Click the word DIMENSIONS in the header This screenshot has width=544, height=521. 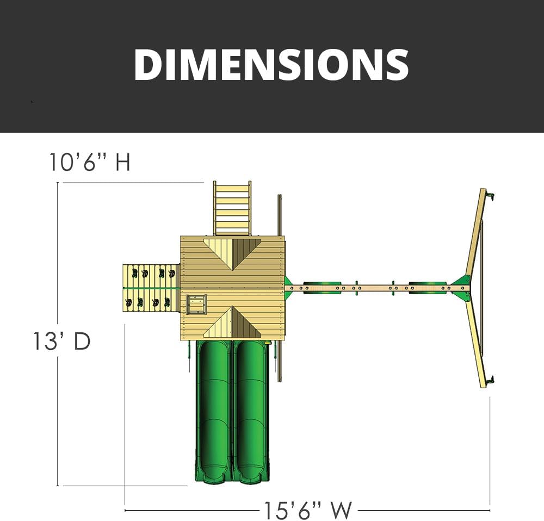pyautogui.click(x=271, y=65)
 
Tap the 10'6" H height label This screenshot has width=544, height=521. pyautogui.click(x=90, y=162)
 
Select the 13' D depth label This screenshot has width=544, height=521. pyautogui.click(x=62, y=341)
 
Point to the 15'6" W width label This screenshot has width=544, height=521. pyautogui.click(x=308, y=510)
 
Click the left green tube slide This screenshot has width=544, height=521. pyautogui.click(x=213, y=412)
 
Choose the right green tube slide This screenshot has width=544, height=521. pyautogui.click(x=251, y=412)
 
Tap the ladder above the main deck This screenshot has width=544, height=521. pyautogui.click(x=232, y=208)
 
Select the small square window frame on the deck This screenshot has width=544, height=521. pyautogui.click(x=197, y=305)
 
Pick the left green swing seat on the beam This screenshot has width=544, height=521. pyautogui.click(x=322, y=288)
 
